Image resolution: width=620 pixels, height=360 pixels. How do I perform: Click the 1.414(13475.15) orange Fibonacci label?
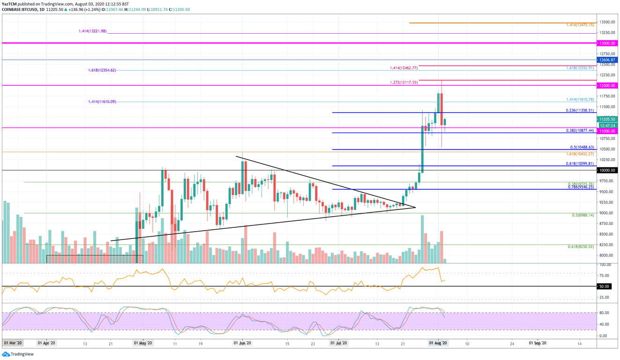580,24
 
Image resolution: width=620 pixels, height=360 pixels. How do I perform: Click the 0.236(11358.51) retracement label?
580,110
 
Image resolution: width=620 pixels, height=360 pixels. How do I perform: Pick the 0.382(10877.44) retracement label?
580,131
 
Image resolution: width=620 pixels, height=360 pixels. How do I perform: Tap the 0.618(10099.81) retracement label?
580,164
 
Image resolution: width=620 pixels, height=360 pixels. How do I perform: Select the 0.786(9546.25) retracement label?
580,187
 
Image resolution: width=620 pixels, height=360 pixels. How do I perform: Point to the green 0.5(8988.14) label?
583,215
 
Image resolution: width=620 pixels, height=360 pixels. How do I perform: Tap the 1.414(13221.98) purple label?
93,31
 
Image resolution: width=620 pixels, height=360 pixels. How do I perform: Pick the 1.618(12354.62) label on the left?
102,70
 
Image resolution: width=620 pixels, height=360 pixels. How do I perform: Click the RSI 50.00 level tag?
604,286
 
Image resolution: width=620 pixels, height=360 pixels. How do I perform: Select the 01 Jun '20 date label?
242,343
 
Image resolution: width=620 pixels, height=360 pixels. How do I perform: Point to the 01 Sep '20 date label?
538,343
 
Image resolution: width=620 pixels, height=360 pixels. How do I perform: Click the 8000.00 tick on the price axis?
606,255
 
